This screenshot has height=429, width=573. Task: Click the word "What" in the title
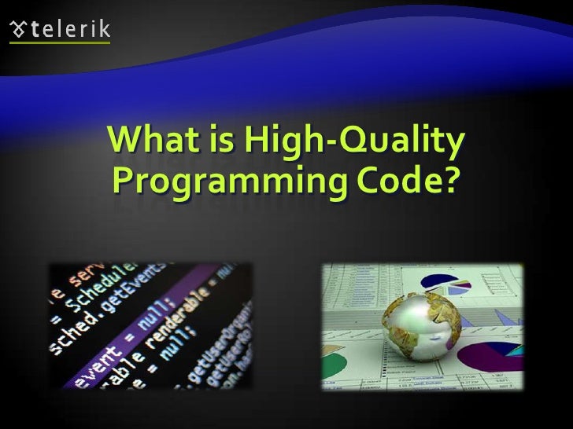[150, 141]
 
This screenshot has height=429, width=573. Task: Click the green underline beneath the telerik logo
[59, 43]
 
